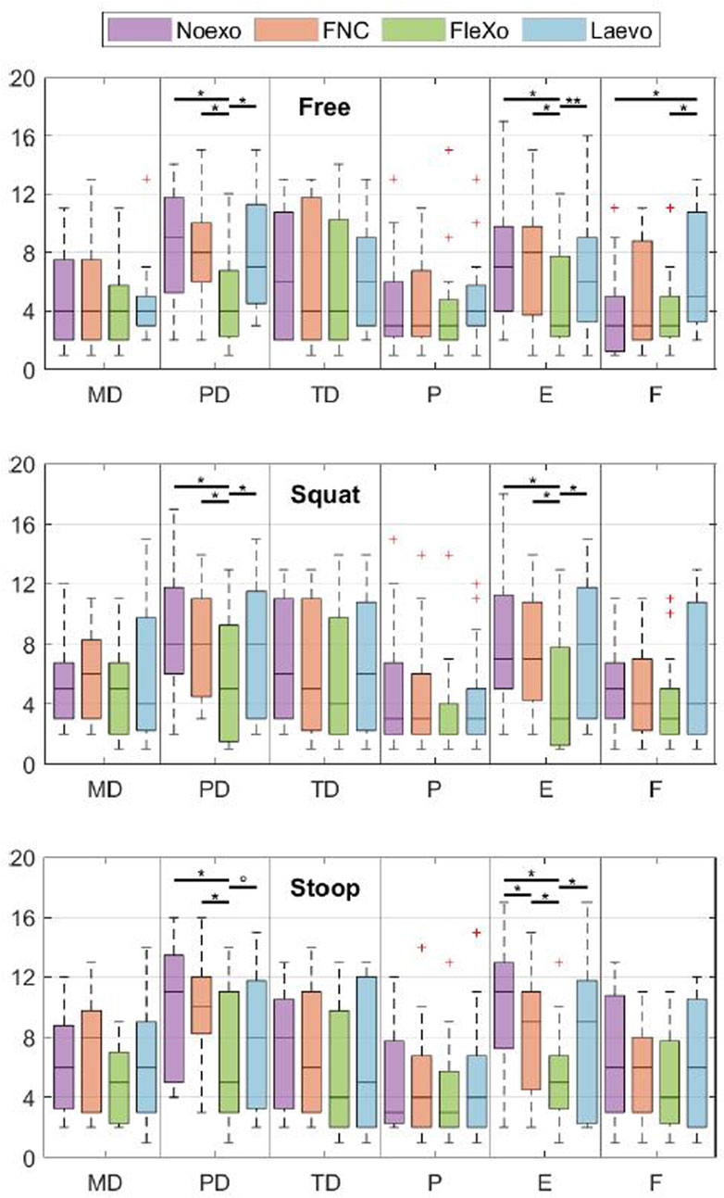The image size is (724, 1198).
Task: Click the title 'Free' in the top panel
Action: pyautogui.click(x=324, y=107)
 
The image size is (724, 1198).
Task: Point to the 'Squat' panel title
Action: pyautogui.click(x=324, y=494)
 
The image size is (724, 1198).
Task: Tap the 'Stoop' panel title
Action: pyautogui.click(x=324, y=889)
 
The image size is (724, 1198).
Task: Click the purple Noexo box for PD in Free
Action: pyautogui.click(x=174, y=245)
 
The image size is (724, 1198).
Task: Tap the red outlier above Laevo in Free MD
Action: pyautogui.click(x=146, y=179)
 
